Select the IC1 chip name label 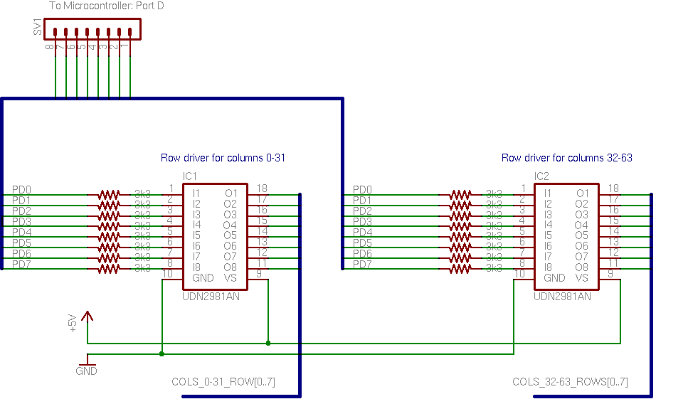coord(189,176)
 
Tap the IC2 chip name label coord(541,176)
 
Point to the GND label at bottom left coord(86,371)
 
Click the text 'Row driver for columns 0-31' coord(223,158)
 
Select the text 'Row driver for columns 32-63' coord(566,158)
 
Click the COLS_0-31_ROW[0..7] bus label coord(223,382)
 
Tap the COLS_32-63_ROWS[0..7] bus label coord(570,382)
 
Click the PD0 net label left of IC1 coord(21,190)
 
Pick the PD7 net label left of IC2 coord(362,265)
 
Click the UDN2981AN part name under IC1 coord(211,297)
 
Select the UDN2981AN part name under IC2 coord(562,297)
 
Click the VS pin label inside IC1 coord(230,278)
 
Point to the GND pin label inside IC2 coord(554,278)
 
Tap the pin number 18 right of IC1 coord(262,188)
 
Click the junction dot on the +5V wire coord(268,343)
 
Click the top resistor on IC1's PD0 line coord(109,193)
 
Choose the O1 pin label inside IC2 coord(582,193)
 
